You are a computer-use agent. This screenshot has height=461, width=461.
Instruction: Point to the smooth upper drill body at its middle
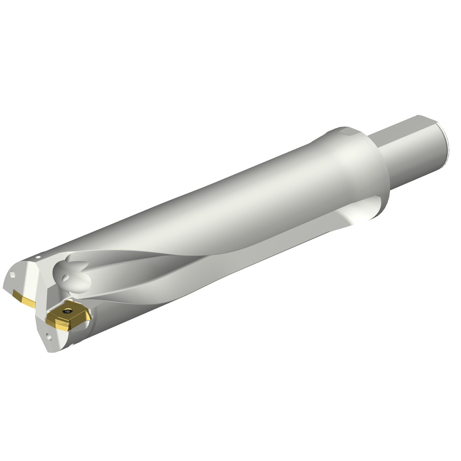(x=215, y=203)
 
